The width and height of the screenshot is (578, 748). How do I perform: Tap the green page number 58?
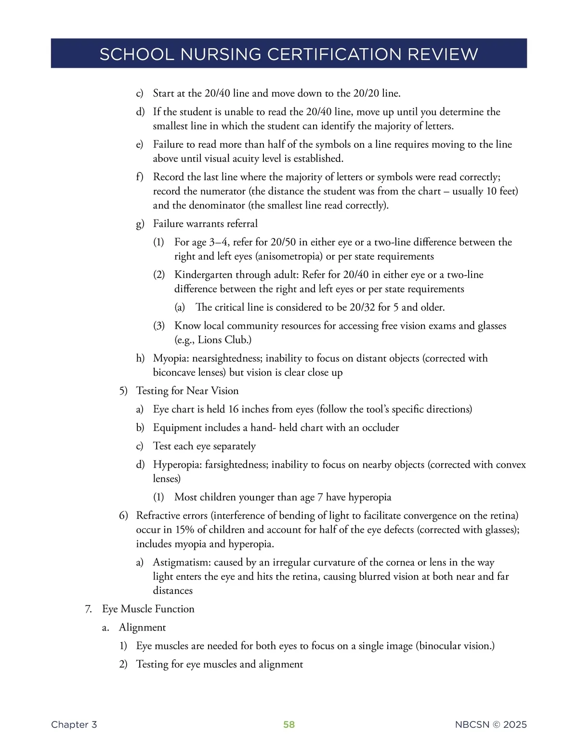289,724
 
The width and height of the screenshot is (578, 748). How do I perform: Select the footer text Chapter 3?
74,724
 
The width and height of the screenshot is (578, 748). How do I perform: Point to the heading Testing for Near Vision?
187,391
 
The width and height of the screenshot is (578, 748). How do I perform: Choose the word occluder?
381,428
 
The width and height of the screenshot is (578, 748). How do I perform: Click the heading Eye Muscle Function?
148,609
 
